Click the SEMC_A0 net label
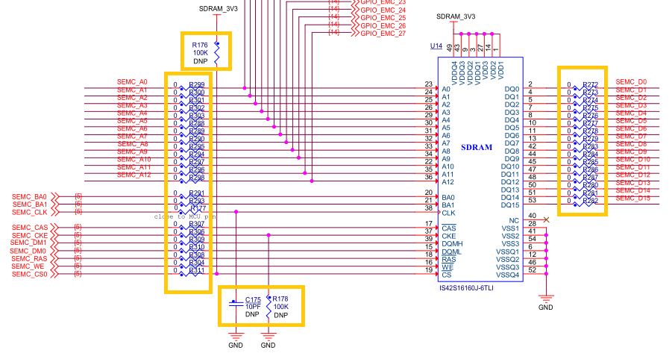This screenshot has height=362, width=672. click(132, 81)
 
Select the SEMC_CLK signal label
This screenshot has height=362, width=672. click(31, 212)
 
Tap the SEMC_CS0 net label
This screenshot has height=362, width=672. click(30, 274)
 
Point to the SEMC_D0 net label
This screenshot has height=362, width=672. click(632, 81)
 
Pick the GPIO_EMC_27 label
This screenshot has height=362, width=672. click(383, 34)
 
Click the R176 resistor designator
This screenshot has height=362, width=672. click(200, 45)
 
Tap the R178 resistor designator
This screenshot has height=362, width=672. click(281, 299)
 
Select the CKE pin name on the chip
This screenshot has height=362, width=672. click(449, 236)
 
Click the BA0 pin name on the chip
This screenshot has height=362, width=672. click(448, 197)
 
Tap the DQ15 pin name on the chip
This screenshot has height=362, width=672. click(511, 205)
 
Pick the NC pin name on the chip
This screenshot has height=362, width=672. click(514, 219)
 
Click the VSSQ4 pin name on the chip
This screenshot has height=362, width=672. click(508, 275)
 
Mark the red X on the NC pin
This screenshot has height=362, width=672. click(547, 219)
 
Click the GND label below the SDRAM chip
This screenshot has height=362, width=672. click(546, 308)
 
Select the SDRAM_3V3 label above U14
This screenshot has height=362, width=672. click(456, 16)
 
